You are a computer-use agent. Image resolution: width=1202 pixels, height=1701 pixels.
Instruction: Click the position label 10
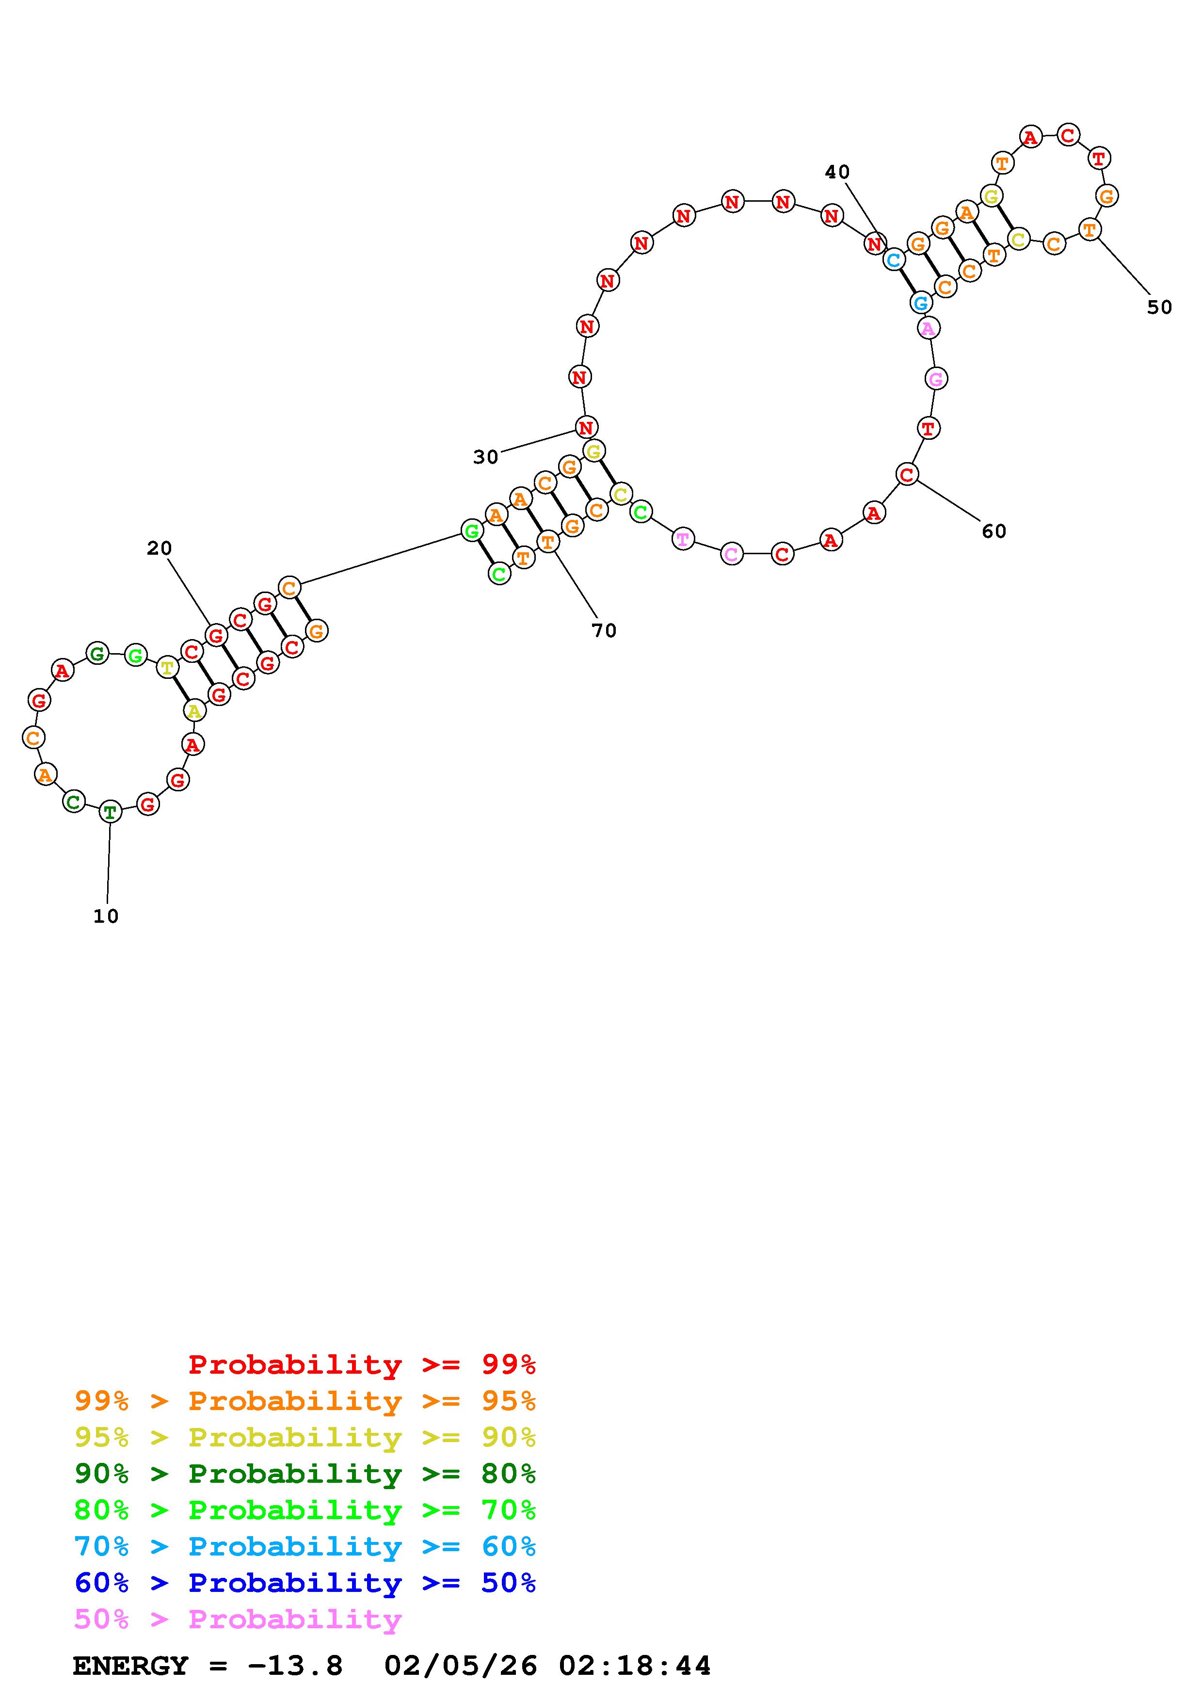tap(106, 916)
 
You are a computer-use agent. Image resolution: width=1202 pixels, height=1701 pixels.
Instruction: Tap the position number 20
tap(159, 548)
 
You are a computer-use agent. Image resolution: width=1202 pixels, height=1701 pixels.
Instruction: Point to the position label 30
tap(486, 457)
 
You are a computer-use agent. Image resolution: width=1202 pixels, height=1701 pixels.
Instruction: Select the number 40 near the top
tap(838, 172)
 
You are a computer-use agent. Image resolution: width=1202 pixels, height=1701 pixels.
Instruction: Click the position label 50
tap(1160, 307)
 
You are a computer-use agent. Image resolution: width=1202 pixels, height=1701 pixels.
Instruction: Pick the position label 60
tap(994, 531)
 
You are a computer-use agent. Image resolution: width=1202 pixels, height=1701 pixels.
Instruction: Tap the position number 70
tap(604, 630)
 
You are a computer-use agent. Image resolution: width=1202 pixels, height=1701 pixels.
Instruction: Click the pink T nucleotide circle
tap(683, 539)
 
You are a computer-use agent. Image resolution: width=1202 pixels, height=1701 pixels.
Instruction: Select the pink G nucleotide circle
tap(936, 379)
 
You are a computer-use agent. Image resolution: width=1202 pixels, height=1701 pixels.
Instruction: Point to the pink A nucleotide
tap(929, 327)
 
